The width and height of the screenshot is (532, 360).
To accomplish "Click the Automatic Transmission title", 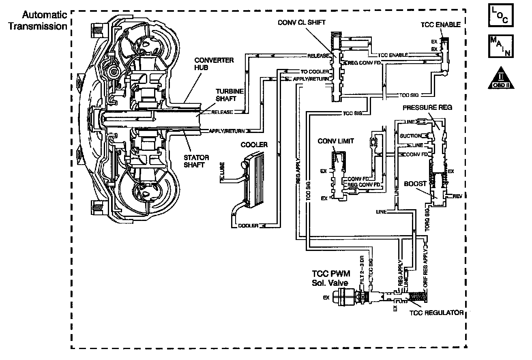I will (x=45, y=21).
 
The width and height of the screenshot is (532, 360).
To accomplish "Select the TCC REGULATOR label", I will (x=436, y=313).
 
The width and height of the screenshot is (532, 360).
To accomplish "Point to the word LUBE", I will (x=222, y=175).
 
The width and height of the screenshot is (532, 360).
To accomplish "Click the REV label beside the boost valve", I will (x=457, y=196).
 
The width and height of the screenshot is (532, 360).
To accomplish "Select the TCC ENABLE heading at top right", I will (x=440, y=24).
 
